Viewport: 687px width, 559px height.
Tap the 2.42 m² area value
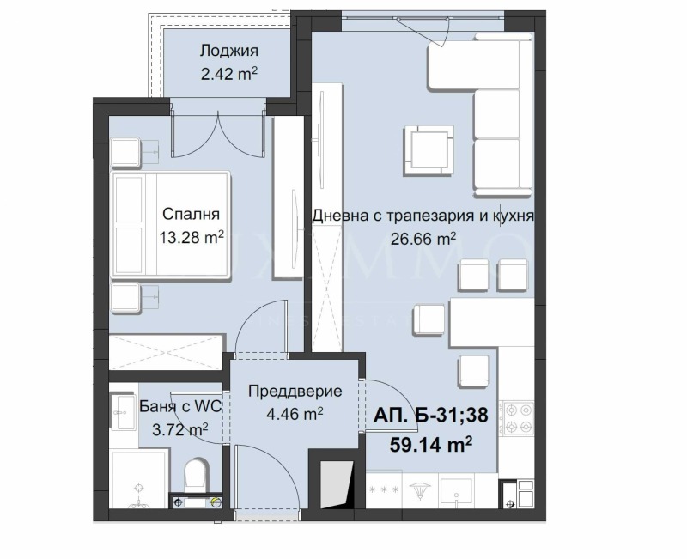(229, 74)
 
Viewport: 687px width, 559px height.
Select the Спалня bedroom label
(192, 215)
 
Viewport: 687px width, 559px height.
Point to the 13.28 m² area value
(192, 238)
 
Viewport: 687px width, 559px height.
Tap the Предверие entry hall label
(295, 392)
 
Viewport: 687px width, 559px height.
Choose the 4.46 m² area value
(295, 413)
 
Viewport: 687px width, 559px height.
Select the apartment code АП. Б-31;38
(430, 416)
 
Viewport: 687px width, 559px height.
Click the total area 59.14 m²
(432, 444)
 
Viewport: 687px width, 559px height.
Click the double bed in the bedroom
(171, 226)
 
